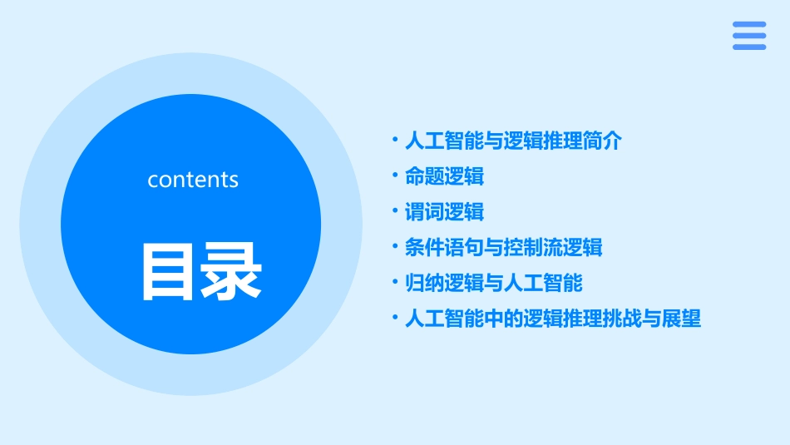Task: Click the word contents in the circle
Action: point(193,180)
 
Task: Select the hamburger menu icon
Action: point(749,36)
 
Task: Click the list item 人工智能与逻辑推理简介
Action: point(513,141)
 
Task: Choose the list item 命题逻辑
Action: point(444,176)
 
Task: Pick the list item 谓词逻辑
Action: point(444,212)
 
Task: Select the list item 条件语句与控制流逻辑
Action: point(503,248)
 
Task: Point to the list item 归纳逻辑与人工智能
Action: point(493,284)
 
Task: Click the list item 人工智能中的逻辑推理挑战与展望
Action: point(553,319)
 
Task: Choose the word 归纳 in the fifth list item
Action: point(424,284)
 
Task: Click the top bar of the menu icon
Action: point(749,24)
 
